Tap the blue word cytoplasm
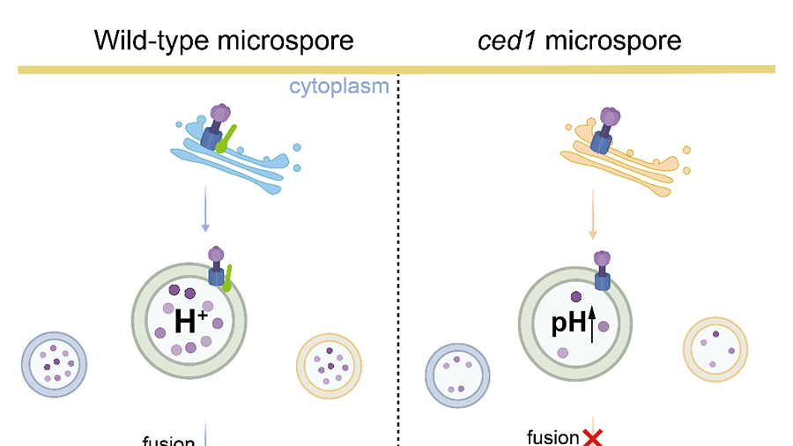[339, 86]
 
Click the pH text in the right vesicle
[567, 323]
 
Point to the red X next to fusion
[592, 436]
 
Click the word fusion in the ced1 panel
[552, 437]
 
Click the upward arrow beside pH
[593, 323]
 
